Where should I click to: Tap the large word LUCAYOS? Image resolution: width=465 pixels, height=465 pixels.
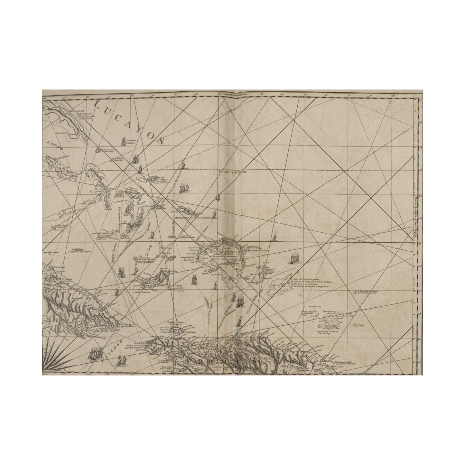point(129,122)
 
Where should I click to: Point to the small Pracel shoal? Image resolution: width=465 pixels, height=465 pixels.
point(360,325)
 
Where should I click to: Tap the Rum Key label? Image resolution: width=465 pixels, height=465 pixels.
point(116,159)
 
